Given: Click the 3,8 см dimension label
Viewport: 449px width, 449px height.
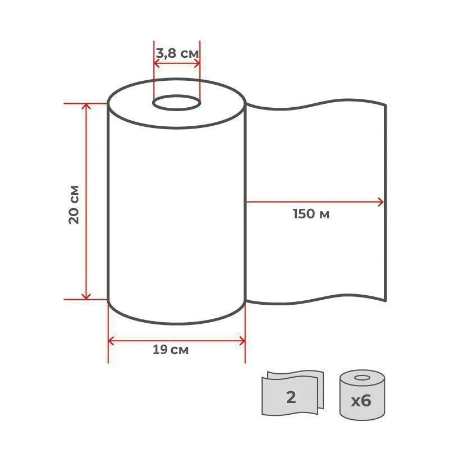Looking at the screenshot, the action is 177,53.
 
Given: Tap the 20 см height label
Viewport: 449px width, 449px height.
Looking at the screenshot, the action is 74,204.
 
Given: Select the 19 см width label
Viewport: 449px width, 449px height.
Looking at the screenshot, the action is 171,350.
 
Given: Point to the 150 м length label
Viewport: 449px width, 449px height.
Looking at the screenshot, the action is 311,214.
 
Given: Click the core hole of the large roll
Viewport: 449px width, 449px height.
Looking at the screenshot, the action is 176,103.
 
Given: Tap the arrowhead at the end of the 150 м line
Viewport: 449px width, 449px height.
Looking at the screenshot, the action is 381,202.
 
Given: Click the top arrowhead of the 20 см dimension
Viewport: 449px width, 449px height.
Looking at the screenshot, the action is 86,106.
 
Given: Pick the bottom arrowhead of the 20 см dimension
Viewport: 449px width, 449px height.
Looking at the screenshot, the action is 86,296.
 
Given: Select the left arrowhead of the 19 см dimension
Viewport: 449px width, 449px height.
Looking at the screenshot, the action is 111,341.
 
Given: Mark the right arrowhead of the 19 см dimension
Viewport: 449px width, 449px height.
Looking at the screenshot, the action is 242,341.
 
